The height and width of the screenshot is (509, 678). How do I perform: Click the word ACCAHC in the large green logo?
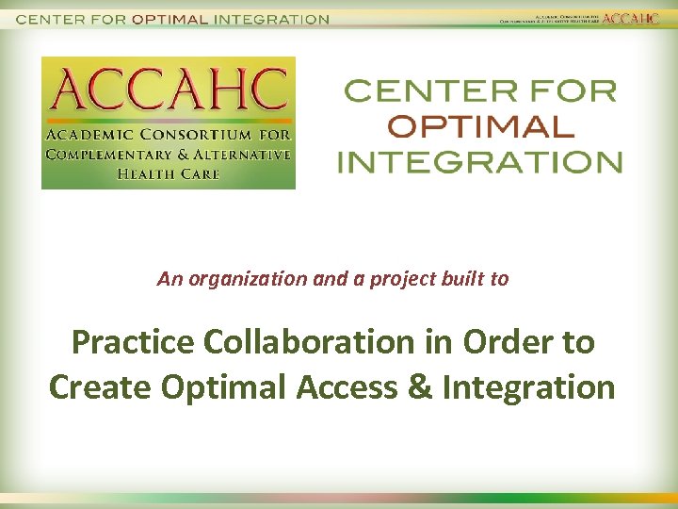[x=168, y=89]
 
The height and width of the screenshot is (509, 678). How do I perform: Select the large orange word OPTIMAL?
[x=480, y=126]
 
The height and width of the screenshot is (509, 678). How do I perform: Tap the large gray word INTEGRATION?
[x=480, y=161]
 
